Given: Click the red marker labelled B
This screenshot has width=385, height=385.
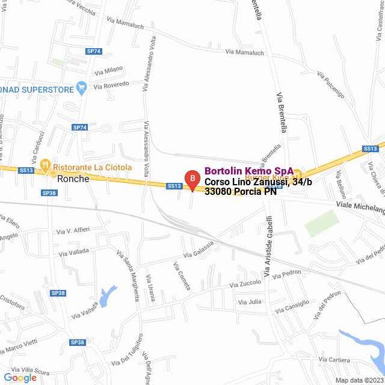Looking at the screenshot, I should pos(191,179).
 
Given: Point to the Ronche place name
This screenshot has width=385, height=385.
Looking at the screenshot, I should pos(73,179).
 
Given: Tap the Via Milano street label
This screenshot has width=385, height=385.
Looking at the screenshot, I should pos(108,70).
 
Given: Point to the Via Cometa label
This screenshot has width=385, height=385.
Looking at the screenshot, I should pos(182,276).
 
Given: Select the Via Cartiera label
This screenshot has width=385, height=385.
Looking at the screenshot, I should pos(334,360).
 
